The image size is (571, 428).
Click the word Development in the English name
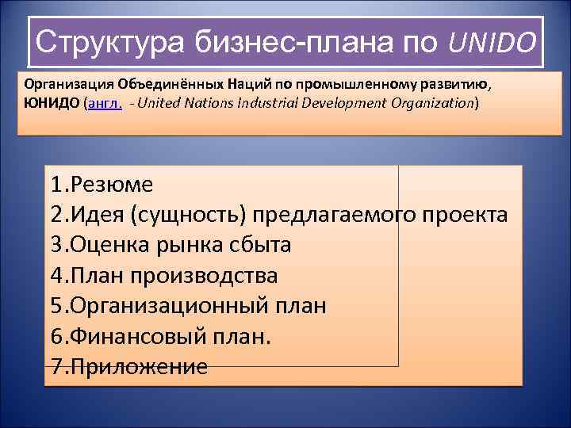point(346,104)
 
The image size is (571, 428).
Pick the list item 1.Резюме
point(101,185)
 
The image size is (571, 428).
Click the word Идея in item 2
point(101,215)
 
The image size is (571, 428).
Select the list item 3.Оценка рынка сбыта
point(171,245)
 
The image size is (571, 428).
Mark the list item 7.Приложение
point(128,365)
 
